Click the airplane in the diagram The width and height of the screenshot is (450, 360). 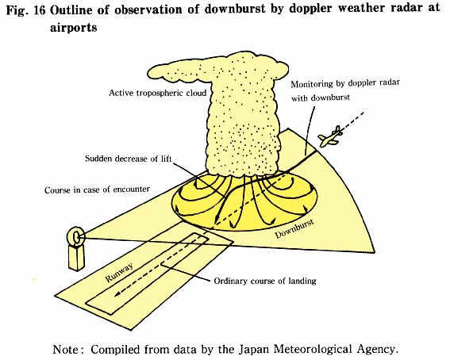click(x=330, y=136)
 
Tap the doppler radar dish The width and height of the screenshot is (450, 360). click(x=76, y=236)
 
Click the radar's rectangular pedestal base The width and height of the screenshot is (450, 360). click(x=77, y=258)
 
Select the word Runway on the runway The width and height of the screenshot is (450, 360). click(x=119, y=273)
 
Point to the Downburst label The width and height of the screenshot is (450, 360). click(x=294, y=229)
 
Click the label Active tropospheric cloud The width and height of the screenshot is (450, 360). click(x=158, y=93)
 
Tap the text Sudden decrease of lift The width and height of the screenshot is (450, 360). click(x=129, y=159)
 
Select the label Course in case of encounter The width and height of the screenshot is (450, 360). click(x=97, y=190)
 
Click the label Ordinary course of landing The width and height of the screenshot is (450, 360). click(x=265, y=281)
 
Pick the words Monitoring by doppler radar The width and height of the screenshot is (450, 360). click(x=345, y=84)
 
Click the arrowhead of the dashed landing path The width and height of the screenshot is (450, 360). click(x=117, y=294)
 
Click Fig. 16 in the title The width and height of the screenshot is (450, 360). click(x=26, y=10)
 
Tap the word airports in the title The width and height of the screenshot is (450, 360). click(x=74, y=28)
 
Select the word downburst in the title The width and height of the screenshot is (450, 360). click(x=235, y=10)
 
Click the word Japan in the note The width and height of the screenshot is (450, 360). click(x=254, y=350)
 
